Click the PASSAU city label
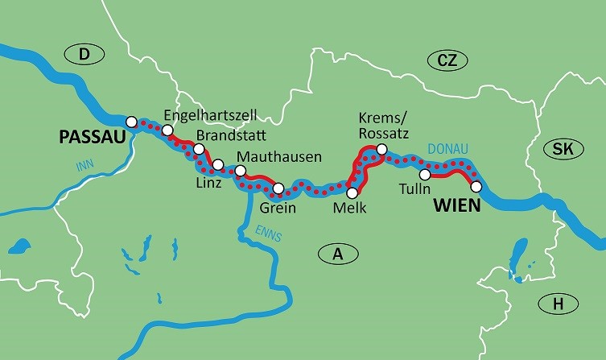click(93, 138)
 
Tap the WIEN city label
click(456, 205)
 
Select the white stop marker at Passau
click(133, 118)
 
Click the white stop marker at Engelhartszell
click(167, 130)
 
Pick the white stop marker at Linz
click(218, 165)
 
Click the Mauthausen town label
click(278, 156)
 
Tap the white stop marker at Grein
click(278, 190)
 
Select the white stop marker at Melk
click(352, 192)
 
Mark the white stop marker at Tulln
click(425, 175)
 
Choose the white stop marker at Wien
click(476, 187)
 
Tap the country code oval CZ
click(441, 60)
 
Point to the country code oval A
click(338, 254)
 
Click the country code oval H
click(558, 304)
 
